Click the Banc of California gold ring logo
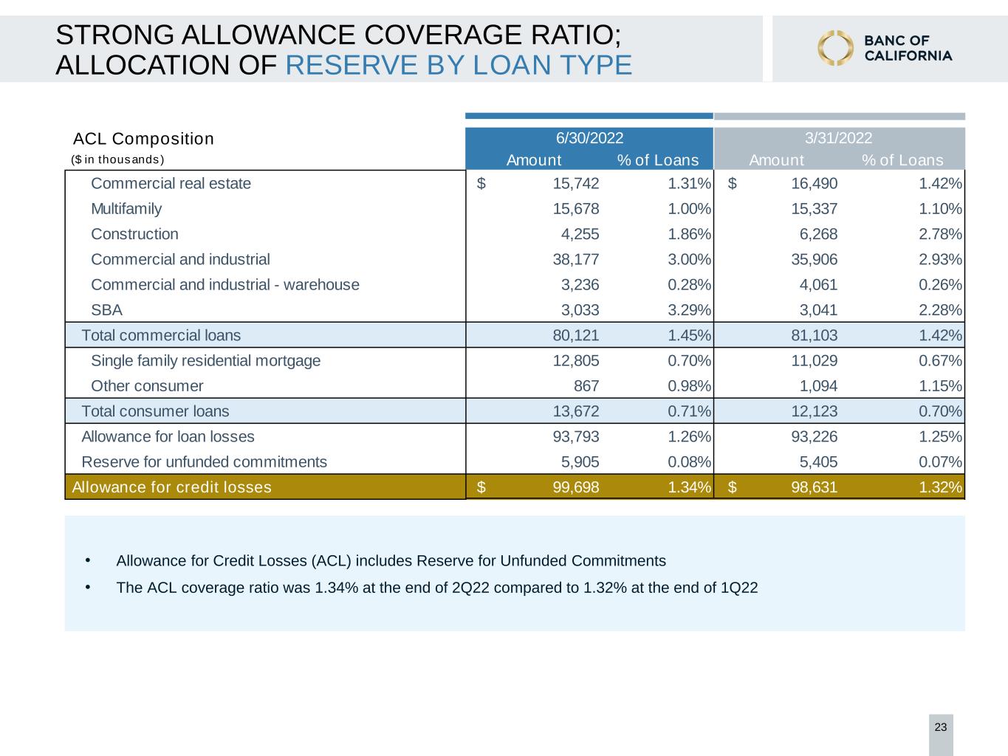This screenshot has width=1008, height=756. tap(835, 48)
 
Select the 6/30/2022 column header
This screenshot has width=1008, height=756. tap(589, 138)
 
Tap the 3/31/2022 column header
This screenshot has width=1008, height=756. tap(839, 138)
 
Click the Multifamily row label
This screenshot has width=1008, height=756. tap(126, 209)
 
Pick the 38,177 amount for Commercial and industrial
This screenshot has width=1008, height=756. tap(576, 259)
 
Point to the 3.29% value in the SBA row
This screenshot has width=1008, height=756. tap(689, 310)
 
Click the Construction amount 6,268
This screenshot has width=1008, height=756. tap(818, 234)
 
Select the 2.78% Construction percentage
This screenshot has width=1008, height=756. tap(940, 234)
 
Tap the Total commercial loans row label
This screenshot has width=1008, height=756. tap(161, 335)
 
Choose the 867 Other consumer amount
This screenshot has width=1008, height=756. tap(586, 386)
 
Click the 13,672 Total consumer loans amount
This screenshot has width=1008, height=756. tap(576, 411)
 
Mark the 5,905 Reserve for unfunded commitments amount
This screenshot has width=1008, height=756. tap(580, 461)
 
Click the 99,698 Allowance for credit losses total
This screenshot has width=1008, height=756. tap(576, 487)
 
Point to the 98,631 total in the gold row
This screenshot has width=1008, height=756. tap(815, 487)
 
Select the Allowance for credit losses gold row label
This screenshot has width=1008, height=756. tap(172, 487)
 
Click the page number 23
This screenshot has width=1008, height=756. tap(941, 727)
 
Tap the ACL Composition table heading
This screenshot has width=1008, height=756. tap(143, 139)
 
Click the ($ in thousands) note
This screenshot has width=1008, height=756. tap(117, 159)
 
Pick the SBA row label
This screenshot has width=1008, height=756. tap(106, 310)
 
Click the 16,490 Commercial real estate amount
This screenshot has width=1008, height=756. tap(815, 184)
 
